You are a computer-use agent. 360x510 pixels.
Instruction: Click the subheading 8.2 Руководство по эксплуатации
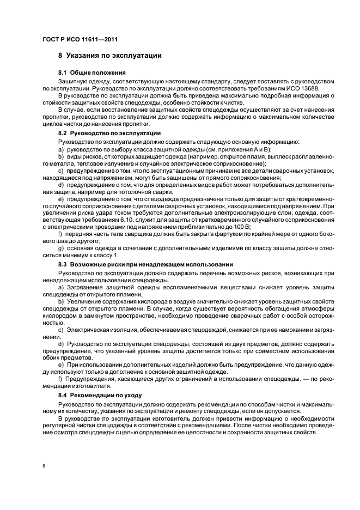(x=109, y=133)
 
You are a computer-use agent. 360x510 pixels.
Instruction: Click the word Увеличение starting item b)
(x=84, y=301)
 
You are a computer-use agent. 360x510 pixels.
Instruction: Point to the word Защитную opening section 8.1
(x=74, y=81)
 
